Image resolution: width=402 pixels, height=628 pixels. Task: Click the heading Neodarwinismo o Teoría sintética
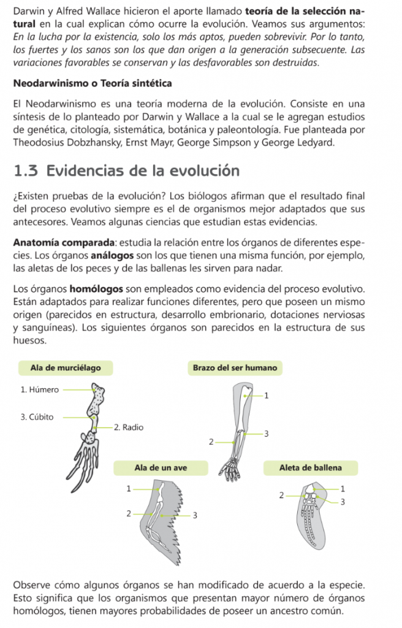[x=92, y=83]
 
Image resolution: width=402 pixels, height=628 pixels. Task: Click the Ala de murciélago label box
[x=66, y=368]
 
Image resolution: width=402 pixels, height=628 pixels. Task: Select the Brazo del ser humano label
[x=235, y=368]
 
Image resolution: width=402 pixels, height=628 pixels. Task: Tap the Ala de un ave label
[x=161, y=468]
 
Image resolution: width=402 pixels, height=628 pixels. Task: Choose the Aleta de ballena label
[x=310, y=468]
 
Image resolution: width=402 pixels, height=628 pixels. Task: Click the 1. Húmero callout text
[x=40, y=389]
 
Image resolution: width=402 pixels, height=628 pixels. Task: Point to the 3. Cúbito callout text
[x=37, y=418]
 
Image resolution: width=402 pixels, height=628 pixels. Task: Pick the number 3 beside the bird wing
[x=195, y=516]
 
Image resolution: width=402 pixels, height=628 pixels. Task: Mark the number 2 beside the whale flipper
[x=280, y=495]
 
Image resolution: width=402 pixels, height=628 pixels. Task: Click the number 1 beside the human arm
[x=266, y=396]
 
